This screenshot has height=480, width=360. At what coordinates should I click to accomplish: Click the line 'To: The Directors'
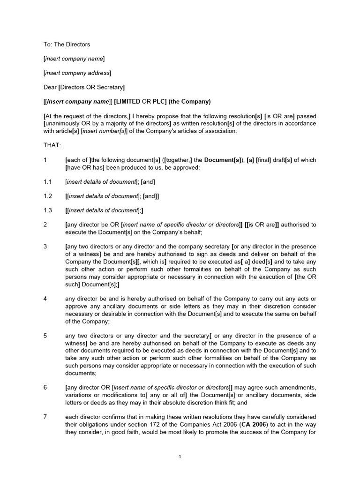[67, 45]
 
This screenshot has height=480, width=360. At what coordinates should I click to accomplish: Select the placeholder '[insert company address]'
[77, 73]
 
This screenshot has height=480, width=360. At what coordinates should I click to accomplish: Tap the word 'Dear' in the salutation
[50, 87]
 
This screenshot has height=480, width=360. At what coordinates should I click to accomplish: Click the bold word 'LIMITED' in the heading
[129, 102]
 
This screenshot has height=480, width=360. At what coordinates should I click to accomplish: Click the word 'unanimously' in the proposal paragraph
[62, 123]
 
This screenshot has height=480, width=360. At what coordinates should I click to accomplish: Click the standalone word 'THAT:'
[52, 145]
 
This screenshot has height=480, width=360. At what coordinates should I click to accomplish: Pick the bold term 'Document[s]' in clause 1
[217, 160]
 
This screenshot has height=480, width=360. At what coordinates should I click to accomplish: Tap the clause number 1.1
[47, 181]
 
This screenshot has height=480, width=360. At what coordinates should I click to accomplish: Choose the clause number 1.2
[47, 196]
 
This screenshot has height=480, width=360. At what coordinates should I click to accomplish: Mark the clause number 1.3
[47, 210]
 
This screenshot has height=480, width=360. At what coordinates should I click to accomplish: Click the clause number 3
[45, 247]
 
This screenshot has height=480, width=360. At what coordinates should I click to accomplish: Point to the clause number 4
[45, 299]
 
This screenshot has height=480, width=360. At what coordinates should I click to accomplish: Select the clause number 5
[45, 335]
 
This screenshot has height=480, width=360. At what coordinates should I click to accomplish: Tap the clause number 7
[45, 417]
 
